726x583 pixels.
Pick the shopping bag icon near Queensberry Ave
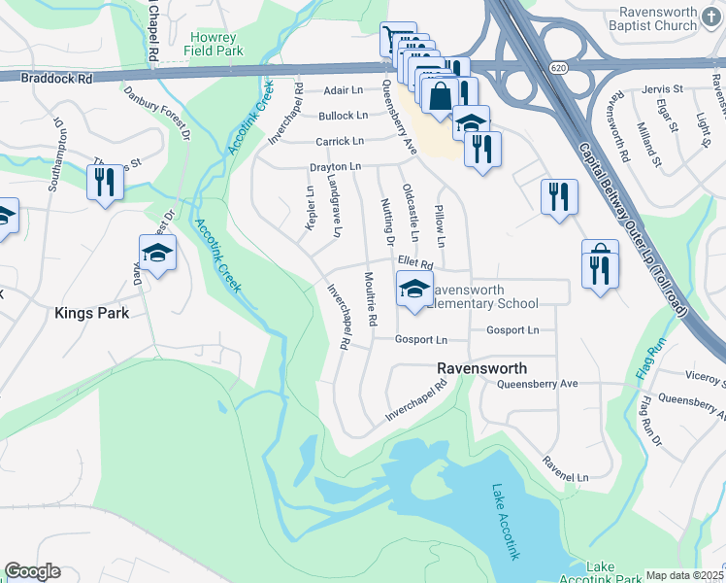(441, 96)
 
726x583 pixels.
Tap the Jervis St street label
(663, 89)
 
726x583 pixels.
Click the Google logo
(32, 571)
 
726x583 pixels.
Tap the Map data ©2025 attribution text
(685, 575)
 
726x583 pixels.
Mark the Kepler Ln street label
(311, 209)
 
